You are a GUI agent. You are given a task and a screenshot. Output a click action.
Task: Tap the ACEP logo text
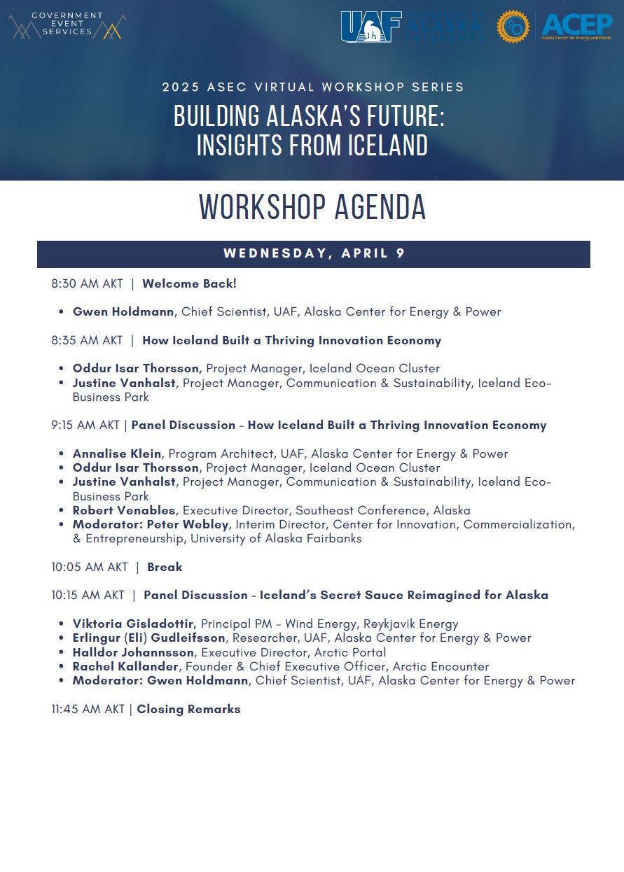pyautogui.click(x=576, y=26)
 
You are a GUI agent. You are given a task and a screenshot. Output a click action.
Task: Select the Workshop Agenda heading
pyautogui.click(x=312, y=207)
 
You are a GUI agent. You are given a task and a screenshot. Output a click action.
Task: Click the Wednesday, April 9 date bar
pyautogui.click(x=314, y=254)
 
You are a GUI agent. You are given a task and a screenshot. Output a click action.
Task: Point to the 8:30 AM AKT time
pyautogui.click(x=87, y=284)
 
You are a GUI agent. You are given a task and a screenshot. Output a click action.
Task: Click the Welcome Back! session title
pyautogui.click(x=189, y=284)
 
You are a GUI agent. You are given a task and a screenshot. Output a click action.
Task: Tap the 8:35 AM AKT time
pyautogui.click(x=87, y=341)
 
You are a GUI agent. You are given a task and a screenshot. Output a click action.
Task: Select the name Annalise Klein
pyautogui.click(x=117, y=453)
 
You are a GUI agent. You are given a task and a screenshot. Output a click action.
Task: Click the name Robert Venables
pyautogui.click(x=124, y=510)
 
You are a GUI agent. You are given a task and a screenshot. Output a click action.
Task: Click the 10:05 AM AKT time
pyautogui.click(x=90, y=567)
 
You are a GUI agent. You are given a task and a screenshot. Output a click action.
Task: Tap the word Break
pyautogui.click(x=165, y=567)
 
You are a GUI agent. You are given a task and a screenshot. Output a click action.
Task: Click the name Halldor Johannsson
pyautogui.click(x=133, y=652)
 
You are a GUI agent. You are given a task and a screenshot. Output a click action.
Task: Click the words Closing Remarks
pyautogui.click(x=188, y=709)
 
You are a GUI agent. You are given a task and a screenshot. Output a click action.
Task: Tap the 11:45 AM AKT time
pyautogui.click(x=88, y=709)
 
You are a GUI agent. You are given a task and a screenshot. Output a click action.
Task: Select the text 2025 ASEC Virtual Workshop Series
pyautogui.click(x=313, y=87)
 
